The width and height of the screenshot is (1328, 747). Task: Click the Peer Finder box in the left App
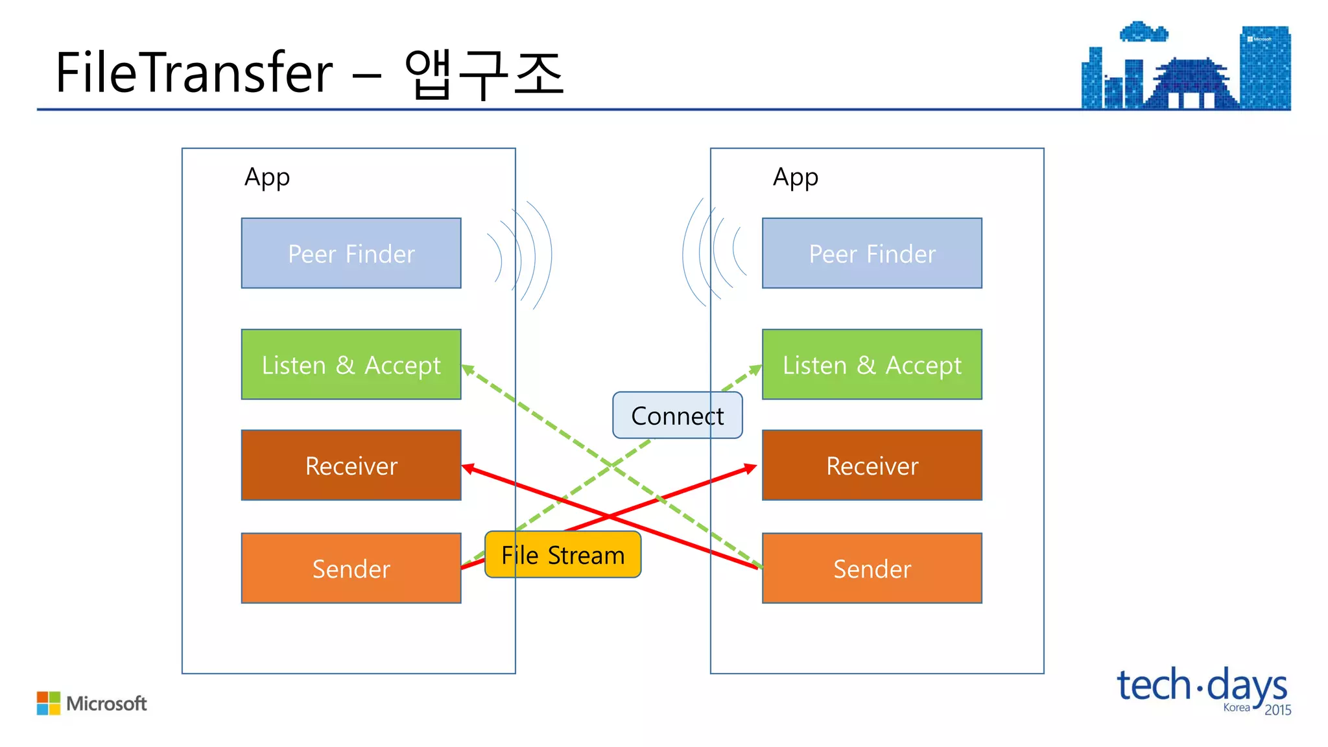[351, 253]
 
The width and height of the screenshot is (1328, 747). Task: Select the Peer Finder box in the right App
[871, 253]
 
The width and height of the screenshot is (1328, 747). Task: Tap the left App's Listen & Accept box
[351, 364]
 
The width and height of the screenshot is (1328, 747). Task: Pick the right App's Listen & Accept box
[871, 364]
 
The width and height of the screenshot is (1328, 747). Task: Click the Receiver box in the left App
[351, 465]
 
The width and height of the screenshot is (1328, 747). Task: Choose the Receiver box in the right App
[871, 465]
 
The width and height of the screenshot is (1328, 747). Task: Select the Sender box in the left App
[351, 568]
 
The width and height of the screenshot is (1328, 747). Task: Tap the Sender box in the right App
[871, 568]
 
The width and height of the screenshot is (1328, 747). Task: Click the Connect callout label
[677, 416]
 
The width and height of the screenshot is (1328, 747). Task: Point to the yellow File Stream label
[562, 555]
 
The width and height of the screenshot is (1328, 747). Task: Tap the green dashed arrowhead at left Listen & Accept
[468, 370]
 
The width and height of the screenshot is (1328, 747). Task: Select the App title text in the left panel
[267, 178]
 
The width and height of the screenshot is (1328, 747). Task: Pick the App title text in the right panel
[795, 178]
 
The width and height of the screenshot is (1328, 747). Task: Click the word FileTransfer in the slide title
[194, 73]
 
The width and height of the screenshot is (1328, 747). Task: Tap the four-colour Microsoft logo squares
[49, 703]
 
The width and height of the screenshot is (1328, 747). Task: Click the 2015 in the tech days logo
[1277, 710]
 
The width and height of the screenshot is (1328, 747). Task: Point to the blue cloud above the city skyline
[1143, 32]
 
